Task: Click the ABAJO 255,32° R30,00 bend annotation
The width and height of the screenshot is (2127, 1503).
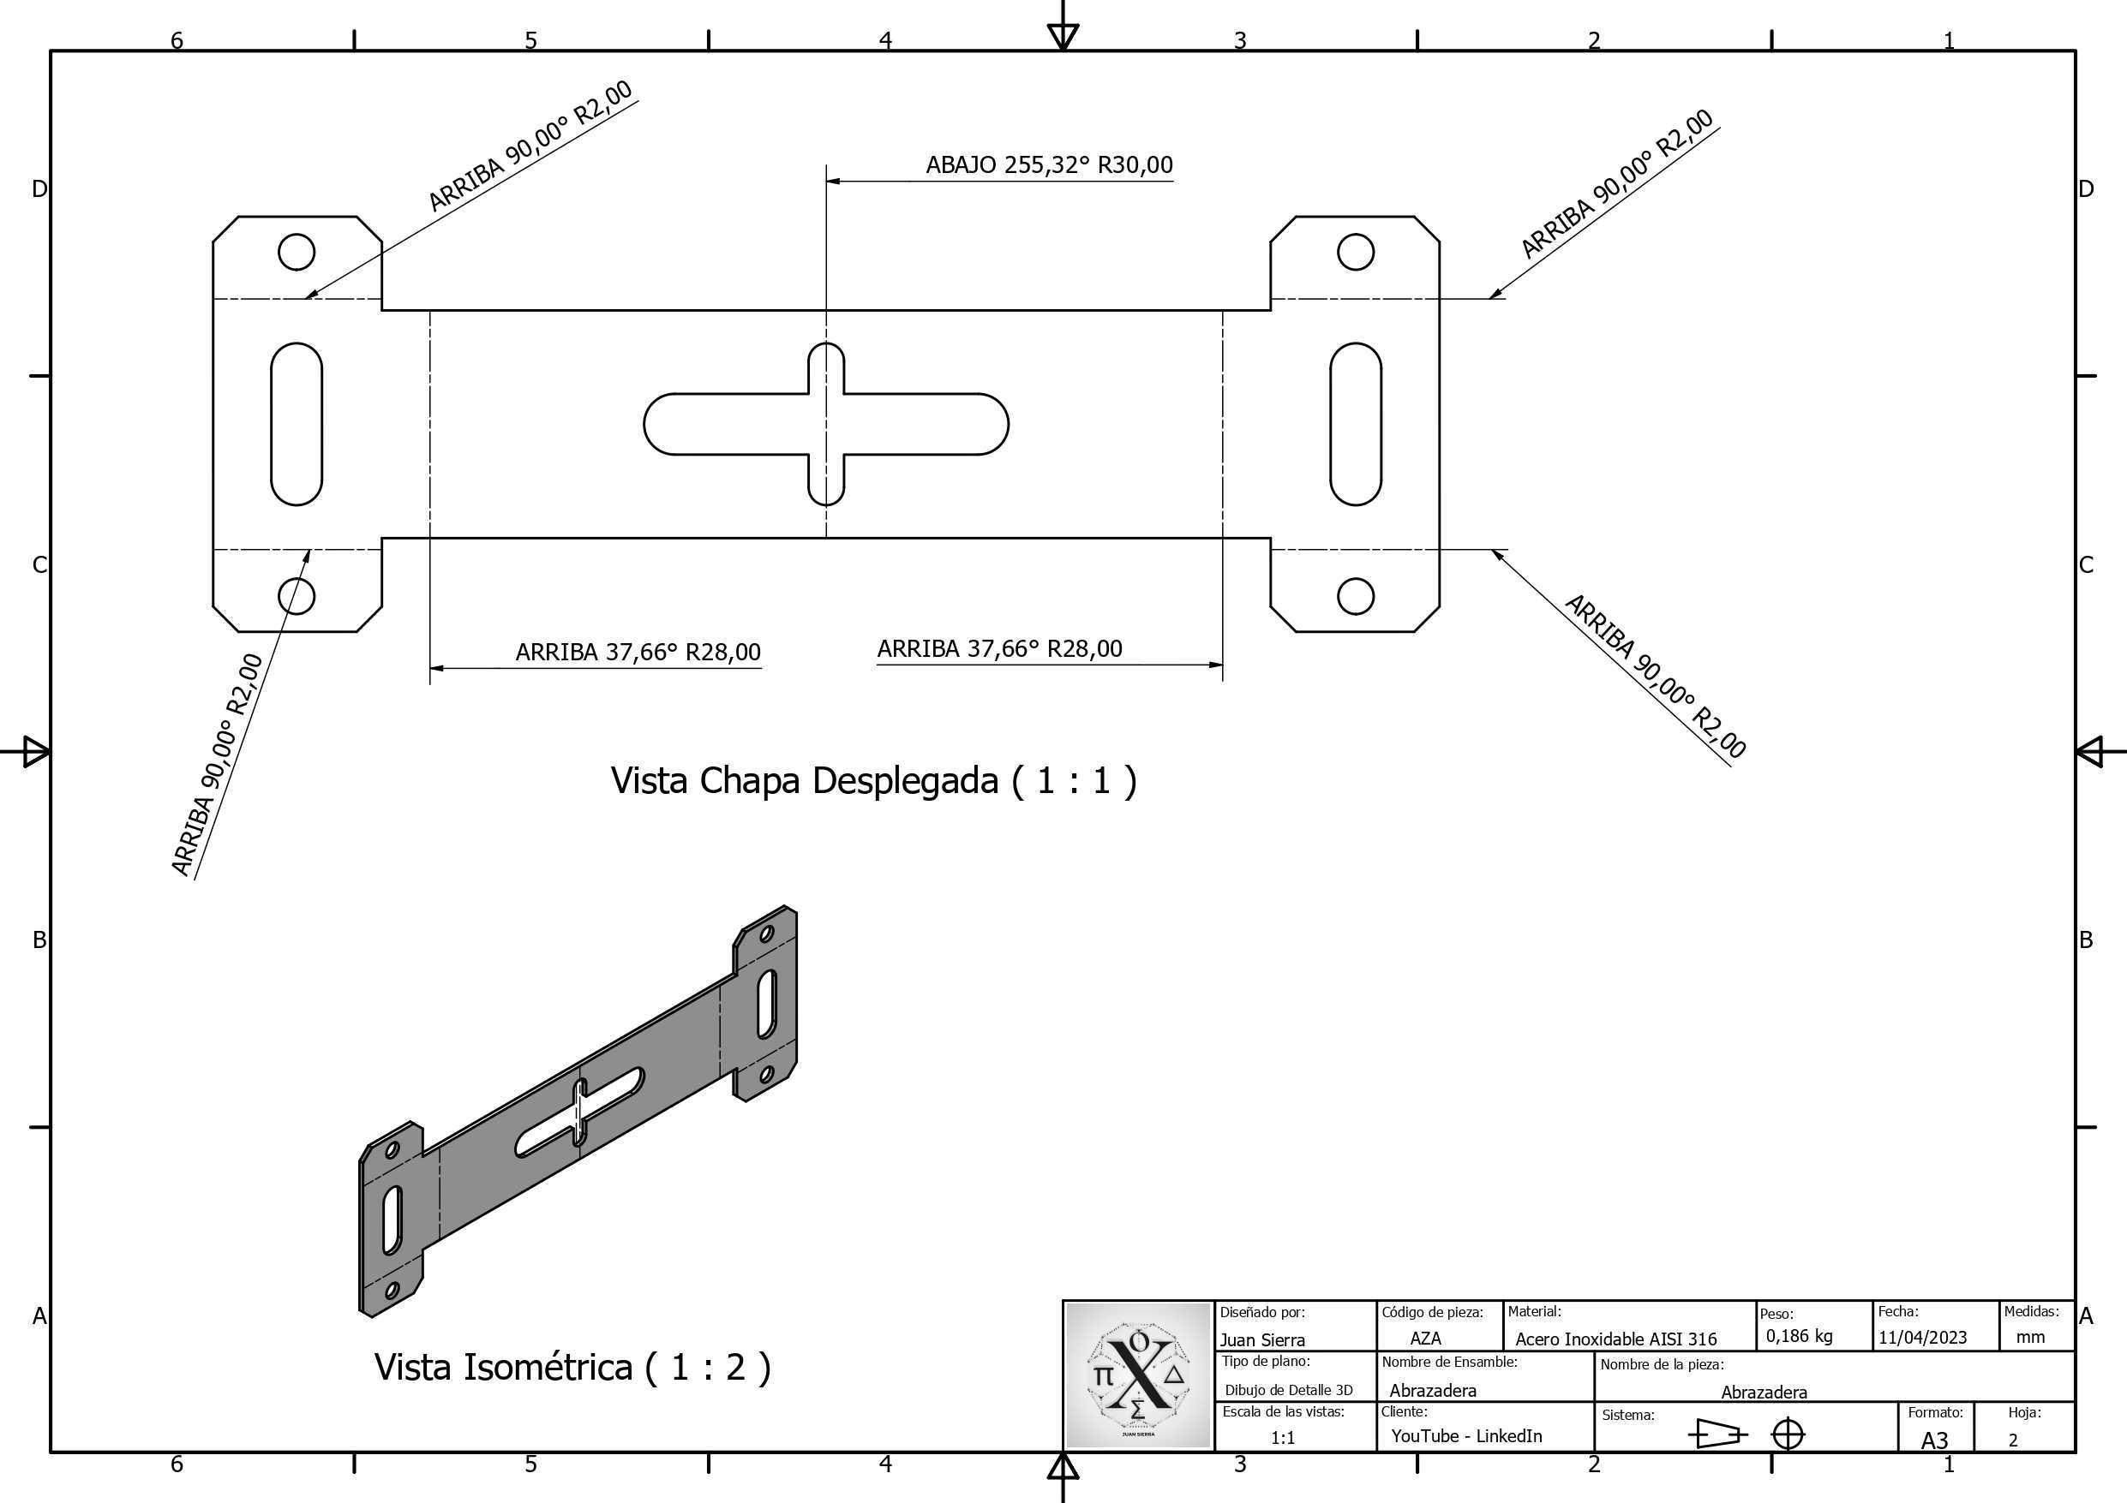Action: coord(1049,164)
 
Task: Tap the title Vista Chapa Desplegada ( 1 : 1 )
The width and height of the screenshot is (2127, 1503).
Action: coord(873,781)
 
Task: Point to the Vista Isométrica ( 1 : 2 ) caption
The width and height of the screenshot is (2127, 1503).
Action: coord(572,1367)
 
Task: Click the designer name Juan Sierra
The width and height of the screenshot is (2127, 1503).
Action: coord(1261,1340)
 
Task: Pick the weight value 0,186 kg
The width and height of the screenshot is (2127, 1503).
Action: coord(1799,1335)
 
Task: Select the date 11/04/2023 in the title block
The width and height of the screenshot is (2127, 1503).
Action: coord(1922,1337)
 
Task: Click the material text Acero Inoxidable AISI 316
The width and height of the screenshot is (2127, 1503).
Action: coord(1615,1339)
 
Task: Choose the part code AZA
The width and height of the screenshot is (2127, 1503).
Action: coord(1425,1339)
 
